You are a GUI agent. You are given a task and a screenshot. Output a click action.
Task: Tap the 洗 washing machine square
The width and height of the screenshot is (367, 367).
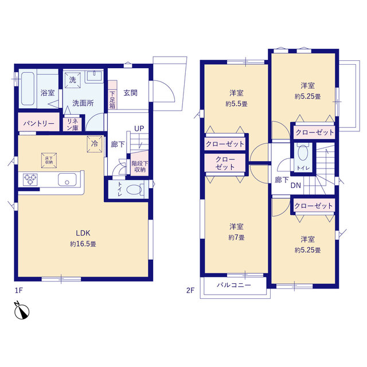pyautogui.click(x=73, y=80)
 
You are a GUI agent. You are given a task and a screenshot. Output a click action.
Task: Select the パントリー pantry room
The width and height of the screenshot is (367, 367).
pyautogui.click(x=39, y=123)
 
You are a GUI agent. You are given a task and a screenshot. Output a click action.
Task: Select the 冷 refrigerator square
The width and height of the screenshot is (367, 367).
pyautogui.click(x=93, y=143)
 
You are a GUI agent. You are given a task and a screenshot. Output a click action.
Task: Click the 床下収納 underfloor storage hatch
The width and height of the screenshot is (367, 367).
pyautogui.click(x=47, y=161)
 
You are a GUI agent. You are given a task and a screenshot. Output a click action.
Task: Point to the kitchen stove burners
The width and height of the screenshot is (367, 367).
pyautogui.click(x=30, y=179)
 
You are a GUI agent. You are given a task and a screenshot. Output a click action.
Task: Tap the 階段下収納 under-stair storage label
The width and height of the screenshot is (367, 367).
pyautogui.click(x=139, y=166)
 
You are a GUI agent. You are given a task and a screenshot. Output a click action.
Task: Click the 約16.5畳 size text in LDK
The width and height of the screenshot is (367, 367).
pyautogui.click(x=83, y=244)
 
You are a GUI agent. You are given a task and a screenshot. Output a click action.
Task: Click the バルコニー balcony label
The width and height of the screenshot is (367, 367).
pyautogui.click(x=233, y=285)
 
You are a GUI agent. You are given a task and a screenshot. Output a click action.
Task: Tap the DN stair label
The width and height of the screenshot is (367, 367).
pyautogui.click(x=296, y=185)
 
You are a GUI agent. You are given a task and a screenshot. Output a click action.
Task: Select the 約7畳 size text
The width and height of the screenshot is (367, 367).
pyautogui.click(x=236, y=237)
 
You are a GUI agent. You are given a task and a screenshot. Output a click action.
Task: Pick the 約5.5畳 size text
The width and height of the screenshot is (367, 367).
pyautogui.click(x=236, y=104)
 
